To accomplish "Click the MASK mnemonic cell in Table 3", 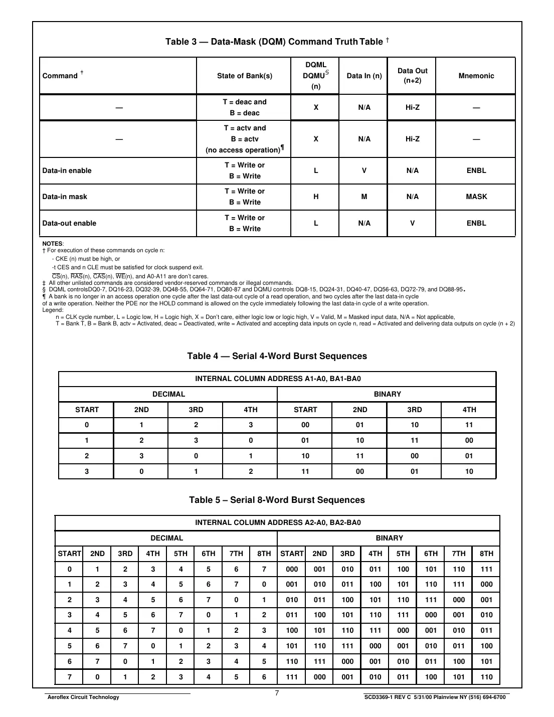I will pos(476,197).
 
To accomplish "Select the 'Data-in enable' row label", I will pos(67,170).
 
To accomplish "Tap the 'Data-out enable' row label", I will pos(69,223).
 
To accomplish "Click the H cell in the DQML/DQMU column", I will pos(315,197).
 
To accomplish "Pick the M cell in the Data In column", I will pos(364,197).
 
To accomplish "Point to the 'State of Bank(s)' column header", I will pos(244,76).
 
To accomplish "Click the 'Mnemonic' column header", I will pos(476,76).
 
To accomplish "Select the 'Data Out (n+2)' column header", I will pos(412,76).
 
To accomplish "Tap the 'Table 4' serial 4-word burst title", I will pos(277,356).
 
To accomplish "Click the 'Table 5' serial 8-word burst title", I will pos(277,500).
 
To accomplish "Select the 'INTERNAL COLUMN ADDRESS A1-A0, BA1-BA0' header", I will pos(278,379).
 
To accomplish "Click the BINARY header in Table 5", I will pos(389,538).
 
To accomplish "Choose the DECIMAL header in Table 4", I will pos(168,394).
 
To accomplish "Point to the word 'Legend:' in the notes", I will pos(53,310).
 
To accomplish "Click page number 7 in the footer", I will pos(277,693).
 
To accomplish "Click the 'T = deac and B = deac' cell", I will pos(244,107).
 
